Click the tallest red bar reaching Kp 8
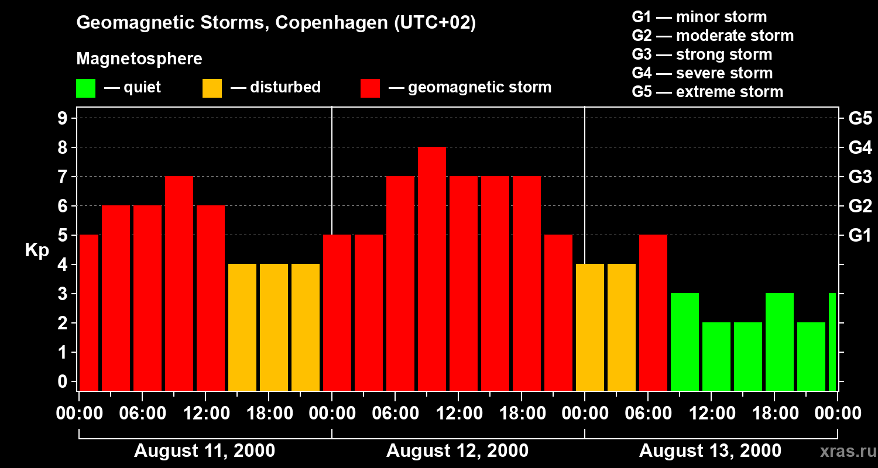point(432,269)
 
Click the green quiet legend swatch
point(85,88)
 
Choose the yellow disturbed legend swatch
point(212,88)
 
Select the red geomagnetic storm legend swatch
point(370,88)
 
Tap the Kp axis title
point(37,250)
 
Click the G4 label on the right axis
point(860,147)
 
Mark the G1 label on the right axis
point(860,236)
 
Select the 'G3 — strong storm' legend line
point(702,54)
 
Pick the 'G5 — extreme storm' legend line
point(707,92)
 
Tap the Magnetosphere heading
point(139,59)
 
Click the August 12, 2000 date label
point(457,451)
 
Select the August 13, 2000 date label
point(710,451)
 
